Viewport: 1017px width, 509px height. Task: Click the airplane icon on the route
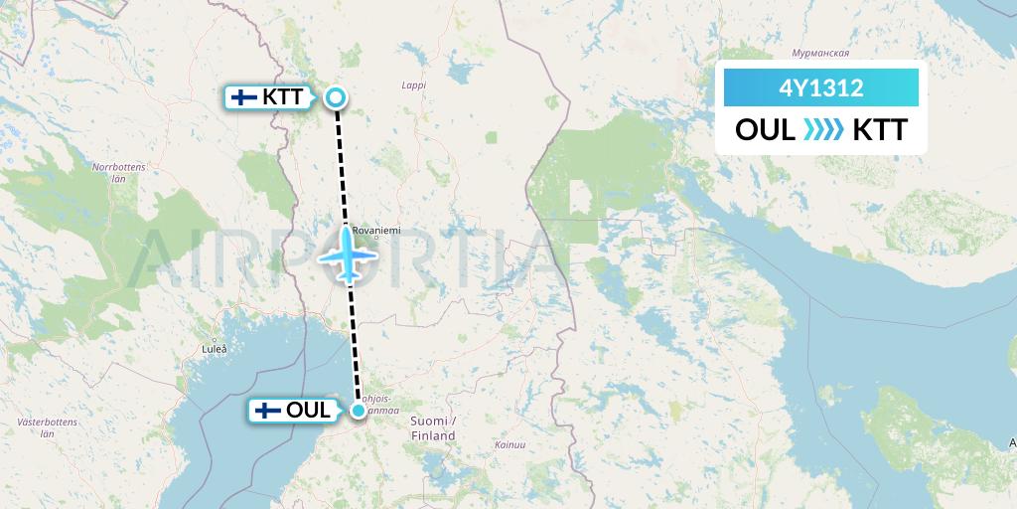pyautogui.click(x=347, y=254)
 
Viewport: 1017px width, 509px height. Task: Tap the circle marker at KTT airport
pyautogui.click(x=336, y=97)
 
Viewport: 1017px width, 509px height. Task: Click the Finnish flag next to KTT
pyautogui.click(x=242, y=97)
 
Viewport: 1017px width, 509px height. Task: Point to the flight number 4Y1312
pyautogui.click(x=821, y=88)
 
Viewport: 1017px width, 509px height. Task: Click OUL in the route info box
pyautogui.click(x=765, y=130)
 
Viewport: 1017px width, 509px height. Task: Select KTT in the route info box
pyautogui.click(x=879, y=130)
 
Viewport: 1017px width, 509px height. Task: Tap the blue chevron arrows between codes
pyautogui.click(x=822, y=130)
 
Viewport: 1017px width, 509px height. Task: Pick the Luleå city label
pyautogui.click(x=214, y=349)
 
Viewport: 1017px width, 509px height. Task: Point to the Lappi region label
pyautogui.click(x=413, y=85)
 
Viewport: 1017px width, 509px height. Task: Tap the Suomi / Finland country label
pyautogui.click(x=433, y=428)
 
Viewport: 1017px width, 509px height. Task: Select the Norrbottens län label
pyautogui.click(x=118, y=172)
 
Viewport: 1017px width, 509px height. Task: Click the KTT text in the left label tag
pyautogui.click(x=286, y=97)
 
